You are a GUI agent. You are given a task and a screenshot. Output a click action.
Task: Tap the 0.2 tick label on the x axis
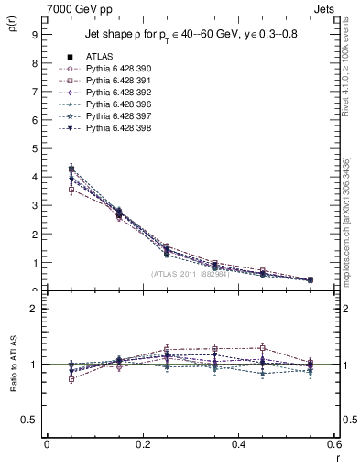pyautogui.click(x=142, y=443)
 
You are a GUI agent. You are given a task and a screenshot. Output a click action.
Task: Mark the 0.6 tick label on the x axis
pyautogui.click(x=333, y=443)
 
